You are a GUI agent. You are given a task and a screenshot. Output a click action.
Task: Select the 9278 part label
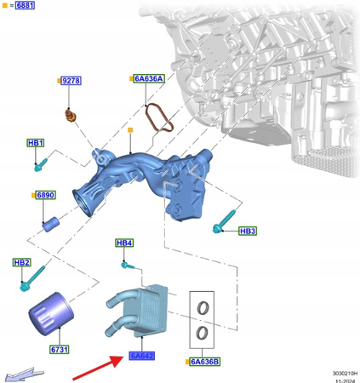point(71,81)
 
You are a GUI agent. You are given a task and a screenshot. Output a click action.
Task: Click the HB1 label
point(36,142)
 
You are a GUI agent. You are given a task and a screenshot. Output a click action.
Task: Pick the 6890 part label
point(45,195)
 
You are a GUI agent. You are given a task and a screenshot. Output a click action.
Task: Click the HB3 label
point(247,231)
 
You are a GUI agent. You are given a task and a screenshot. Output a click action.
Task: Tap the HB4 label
point(124,243)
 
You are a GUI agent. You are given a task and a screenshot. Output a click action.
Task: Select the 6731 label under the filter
point(59,349)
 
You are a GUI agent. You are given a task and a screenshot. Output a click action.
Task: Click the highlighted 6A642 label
point(141,355)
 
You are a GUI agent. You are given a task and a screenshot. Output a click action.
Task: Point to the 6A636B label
point(205,361)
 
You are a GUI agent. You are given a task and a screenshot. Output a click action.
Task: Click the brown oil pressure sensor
point(71,113)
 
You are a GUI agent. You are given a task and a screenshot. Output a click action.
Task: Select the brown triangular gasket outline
point(159,118)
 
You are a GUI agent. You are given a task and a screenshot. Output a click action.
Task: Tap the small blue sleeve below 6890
point(49,225)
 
